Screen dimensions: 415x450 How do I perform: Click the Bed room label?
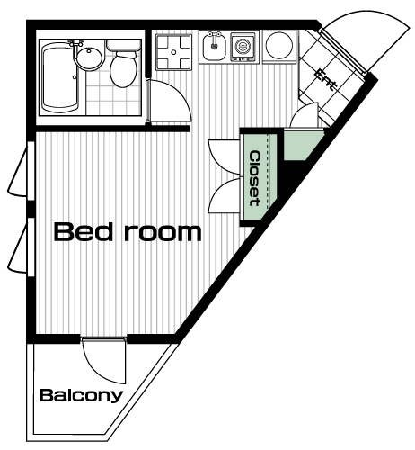[128, 232]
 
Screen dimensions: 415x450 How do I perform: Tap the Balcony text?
[82, 396]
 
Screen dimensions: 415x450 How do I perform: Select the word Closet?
[254, 179]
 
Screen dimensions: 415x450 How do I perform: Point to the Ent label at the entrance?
[325, 80]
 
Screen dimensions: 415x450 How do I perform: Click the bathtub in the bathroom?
[60, 77]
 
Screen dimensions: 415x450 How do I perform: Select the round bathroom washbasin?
[89, 58]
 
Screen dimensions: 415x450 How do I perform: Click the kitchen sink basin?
[214, 47]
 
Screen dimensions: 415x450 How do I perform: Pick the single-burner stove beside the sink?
[243, 47]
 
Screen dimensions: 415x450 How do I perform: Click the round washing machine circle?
[279, 45]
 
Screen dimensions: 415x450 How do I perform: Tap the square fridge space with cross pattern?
[173, 52]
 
